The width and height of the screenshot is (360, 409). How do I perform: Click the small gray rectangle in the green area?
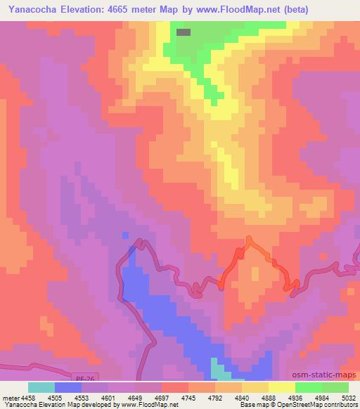point(184,32)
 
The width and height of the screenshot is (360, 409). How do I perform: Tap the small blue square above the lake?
point(125,235)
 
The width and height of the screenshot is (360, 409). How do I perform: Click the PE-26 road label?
point(83,378)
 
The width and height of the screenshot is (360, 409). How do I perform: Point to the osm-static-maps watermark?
point(330,375)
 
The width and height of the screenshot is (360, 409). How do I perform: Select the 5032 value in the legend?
point(347,397)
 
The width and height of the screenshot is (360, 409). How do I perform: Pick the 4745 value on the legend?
point(188,397)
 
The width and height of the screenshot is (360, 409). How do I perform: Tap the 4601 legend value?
point(109,397)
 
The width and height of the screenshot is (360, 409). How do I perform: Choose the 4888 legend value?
point(269,397)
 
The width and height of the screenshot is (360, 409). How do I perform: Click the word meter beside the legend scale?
point(10,397)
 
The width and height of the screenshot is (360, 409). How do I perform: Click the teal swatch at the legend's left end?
point(41,387)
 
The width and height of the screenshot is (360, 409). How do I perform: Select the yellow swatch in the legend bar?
point(281,387)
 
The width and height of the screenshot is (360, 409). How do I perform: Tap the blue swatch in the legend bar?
point(68,387)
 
